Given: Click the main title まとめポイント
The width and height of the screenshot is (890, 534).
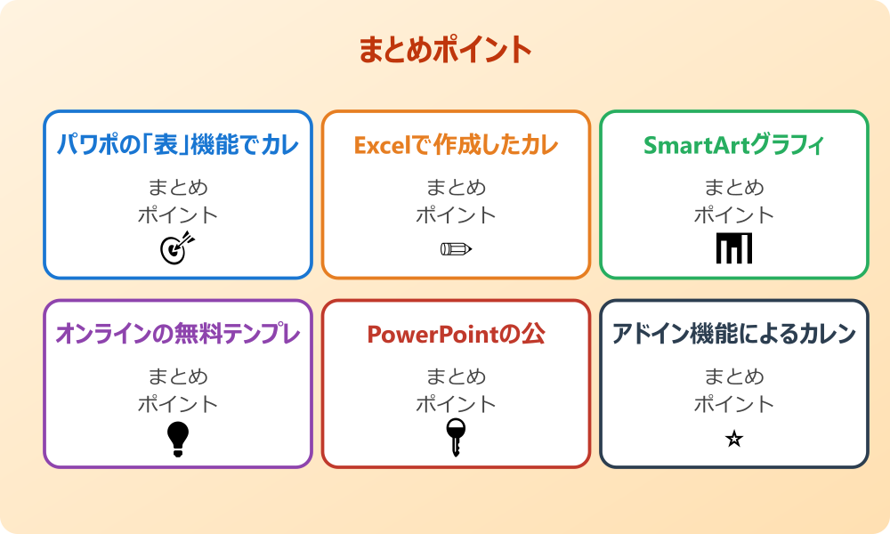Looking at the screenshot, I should (x=445, y=50).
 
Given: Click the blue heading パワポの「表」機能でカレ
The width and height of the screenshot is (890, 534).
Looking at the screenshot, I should (x=178, y=145).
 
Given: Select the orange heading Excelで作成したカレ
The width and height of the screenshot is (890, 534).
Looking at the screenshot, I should (x=456, y=145).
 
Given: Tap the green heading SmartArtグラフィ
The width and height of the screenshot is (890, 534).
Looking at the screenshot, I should (x=734, y=145).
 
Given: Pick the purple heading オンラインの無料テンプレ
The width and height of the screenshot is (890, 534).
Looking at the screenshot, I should (x=178, y=334).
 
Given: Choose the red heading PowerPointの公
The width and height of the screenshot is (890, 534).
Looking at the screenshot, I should (x=456, y=334).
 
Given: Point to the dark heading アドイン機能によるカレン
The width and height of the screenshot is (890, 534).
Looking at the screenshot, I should (x=734, y=334).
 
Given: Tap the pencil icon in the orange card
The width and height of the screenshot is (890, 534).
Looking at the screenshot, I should (x=456, y=248).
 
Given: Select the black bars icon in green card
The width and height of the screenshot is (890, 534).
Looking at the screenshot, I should (x=734, y=248).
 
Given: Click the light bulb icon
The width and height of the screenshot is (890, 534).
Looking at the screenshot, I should (x=178, y=438).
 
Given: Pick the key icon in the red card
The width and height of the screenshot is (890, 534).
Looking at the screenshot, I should (x=456, y=438).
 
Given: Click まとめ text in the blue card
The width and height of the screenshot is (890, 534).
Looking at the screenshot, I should (x=178, y=188).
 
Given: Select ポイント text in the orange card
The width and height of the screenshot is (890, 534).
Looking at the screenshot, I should (x=456, y=215).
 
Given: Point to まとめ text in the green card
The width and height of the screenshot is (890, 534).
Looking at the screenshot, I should (x=734, y=188).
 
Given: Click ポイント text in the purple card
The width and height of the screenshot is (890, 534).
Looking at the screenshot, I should (x=178, y=404).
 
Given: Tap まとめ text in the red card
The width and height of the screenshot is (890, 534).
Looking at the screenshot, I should (x=456, y=376).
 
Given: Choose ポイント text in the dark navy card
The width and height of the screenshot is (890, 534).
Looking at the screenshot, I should (x=734, y=404).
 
